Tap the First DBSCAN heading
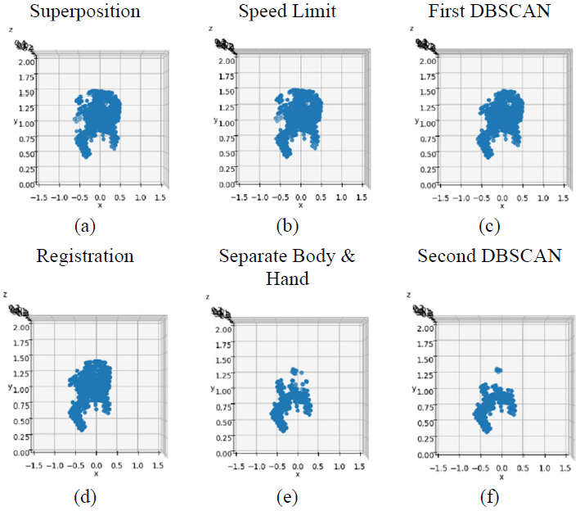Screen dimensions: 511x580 (x=489, y=11)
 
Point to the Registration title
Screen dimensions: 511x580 (x=85, y=255)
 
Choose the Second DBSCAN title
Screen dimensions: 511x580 (x=489, y=255)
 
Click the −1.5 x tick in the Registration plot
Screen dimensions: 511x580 (x=35, y=465)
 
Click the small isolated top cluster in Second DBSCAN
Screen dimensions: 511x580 (x=497, y=371)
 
